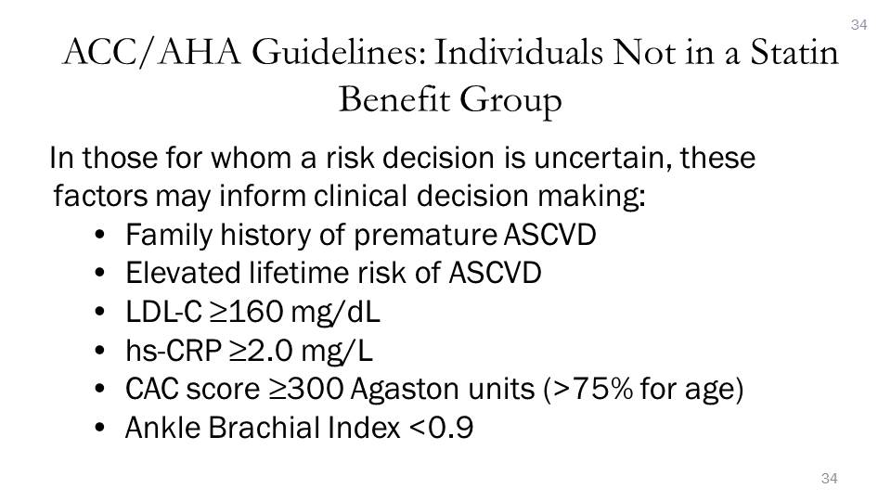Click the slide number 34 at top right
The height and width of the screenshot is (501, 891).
point(859,25)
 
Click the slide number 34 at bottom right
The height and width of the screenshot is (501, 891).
point(829,479)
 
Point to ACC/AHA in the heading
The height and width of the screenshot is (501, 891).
point(151,53)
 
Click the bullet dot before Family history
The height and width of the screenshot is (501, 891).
point(100,235)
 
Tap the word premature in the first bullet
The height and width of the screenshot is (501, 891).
point(426,235)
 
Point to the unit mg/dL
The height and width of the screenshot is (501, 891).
point(335,313)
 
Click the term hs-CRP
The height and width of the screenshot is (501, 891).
point(174,351)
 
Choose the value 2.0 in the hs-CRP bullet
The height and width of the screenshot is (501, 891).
point(270,351)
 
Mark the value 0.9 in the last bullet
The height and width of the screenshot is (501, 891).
point(450,429)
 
